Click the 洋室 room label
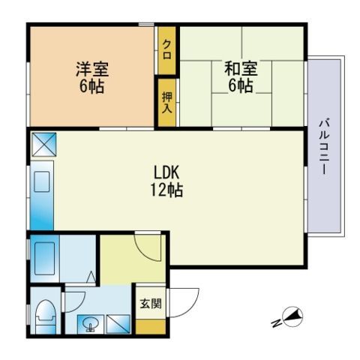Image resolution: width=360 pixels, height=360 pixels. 92,69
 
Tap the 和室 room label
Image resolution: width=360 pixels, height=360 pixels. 241,68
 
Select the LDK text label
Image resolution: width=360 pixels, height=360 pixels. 166,172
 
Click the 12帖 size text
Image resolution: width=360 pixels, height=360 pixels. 166,190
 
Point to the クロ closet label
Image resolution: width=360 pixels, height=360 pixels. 166,49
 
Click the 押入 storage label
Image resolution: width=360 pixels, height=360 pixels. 166,102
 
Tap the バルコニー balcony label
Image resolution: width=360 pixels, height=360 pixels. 325,147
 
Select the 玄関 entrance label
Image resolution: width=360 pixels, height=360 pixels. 151,304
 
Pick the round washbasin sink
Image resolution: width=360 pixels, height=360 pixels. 90,323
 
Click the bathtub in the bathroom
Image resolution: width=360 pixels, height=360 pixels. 45,259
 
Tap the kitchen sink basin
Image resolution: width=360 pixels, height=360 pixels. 41,181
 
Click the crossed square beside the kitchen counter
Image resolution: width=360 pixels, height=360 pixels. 44,145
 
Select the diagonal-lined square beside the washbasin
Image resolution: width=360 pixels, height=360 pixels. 118,324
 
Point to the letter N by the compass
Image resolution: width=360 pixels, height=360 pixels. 276,323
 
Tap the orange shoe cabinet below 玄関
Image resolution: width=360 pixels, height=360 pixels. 151,326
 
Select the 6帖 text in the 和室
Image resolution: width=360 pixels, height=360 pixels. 240,85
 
